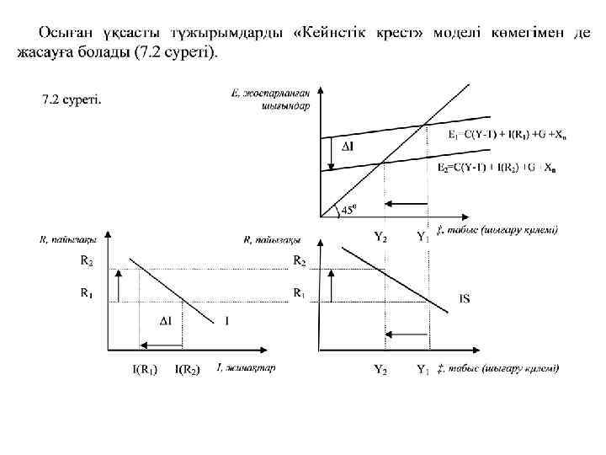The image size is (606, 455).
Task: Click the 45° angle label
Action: [x=347, y=211]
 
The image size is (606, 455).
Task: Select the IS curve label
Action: [x=465, y=297]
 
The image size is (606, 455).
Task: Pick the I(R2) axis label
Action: [x=187, y=369]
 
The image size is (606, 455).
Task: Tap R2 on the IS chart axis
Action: [x=299, y=261]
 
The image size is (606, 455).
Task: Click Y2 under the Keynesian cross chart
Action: [x=380, y=237]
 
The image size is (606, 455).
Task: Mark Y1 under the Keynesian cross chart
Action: [x=423, y=237]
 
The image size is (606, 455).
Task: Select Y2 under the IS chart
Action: [x=380, y=369]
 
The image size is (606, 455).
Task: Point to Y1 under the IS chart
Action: [x=423, y=369]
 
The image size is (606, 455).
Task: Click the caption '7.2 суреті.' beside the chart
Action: [x=72, y=100]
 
